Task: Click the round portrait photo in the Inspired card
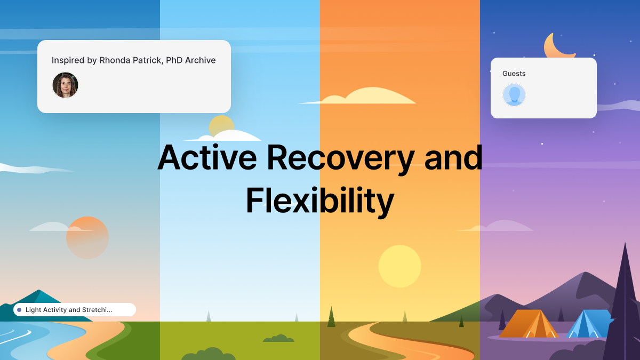tap(65, 85)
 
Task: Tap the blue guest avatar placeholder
tap(514, 95)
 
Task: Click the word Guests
tap(514, 74)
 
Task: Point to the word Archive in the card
tap(200, 60)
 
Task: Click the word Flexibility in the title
tap(319, 201)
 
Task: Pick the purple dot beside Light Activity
tap(19, 310)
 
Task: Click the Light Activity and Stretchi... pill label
tap(69, 310)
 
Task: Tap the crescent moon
tap(557, 47)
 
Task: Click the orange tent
tap(528, 324)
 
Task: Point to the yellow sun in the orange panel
tap(399, 266)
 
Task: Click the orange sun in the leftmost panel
tap(87, 237)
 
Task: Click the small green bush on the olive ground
tap(278, 339)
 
